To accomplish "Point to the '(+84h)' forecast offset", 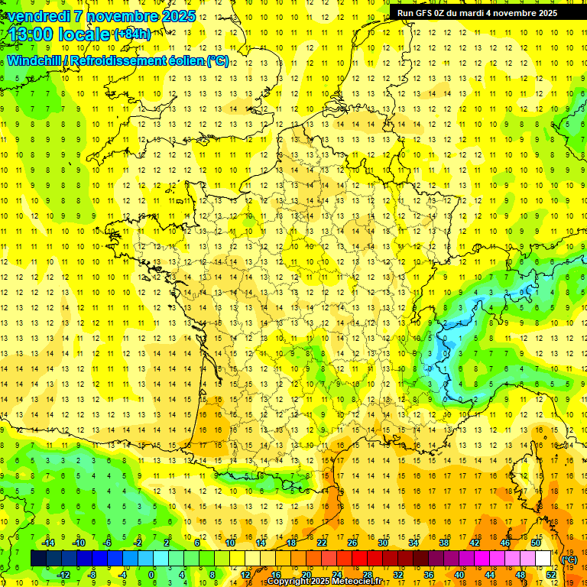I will coord(132,33).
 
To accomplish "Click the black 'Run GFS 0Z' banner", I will coord(477,12).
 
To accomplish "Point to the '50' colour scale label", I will coord(536,543).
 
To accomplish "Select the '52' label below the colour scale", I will coord(551,575).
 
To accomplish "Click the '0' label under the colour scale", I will coord(151,575).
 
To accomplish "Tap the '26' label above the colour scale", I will coord(352,543).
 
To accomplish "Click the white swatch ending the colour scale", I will coord(543,559).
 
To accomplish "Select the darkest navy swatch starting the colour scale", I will coord(38,559).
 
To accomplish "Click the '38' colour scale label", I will coord(444,543).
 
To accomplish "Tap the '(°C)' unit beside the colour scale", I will coord(569,559).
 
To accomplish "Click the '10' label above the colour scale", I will coord(230,543).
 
